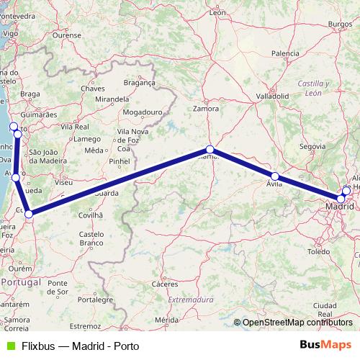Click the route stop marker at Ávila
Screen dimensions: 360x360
(x=275, y=176)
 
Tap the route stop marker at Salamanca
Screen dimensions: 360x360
(x=210, y=150)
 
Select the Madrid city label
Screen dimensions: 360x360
(x=339, y=207)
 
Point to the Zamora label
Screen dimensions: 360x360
(x=206, y=109)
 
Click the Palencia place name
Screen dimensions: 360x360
(x=286, y=53)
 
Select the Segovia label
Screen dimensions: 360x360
(x=312, y=146)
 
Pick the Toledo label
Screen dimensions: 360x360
(x=318, y=252)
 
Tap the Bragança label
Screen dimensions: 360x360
(x=140, y=83)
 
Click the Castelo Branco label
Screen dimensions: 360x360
(x=91, y=238)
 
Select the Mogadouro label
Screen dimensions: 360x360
(x=140, y=113)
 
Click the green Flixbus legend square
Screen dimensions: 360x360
(x=9, y=345)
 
